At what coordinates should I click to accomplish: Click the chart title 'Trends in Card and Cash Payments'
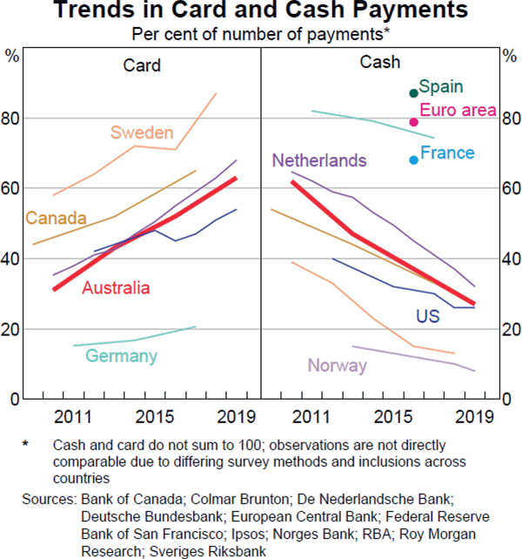point(261,11)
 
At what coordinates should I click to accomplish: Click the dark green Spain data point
point(414,93)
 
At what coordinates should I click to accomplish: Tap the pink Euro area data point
point(414,122)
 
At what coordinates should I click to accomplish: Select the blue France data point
point(414,159)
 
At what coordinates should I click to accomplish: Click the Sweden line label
point(142,133)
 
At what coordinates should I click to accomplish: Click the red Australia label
point(115,288)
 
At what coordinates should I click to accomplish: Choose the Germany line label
point(121,356)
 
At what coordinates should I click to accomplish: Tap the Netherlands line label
point(319,161)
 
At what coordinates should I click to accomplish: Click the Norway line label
point(338,366)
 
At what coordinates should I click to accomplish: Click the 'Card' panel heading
point(142,65)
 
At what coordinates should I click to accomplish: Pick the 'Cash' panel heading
point(380,62)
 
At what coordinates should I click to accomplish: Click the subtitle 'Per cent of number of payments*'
point(260,34)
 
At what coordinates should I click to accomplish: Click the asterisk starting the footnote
point(26,444)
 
